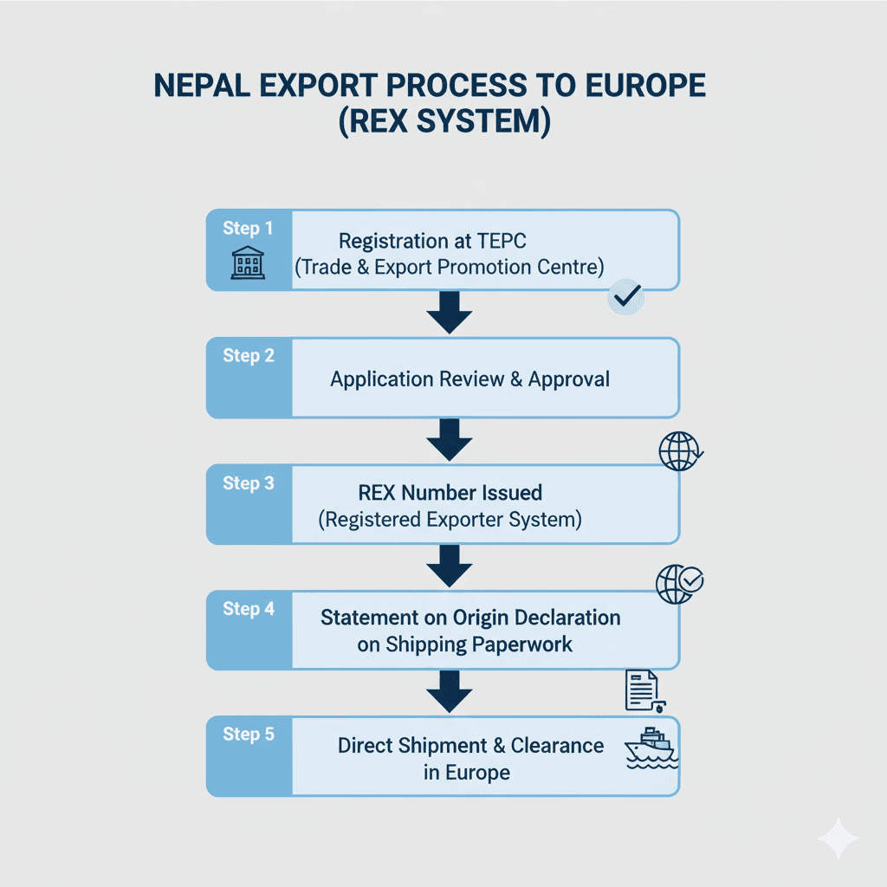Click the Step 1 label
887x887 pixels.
click(x=248, y=229)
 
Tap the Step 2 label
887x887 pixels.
click(x=248, y=356)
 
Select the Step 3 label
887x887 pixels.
click(x=248, y=483)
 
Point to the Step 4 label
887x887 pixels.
click(x=248, y=609)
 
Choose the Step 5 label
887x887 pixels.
click(x=248, y=735)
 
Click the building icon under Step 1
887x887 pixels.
click(x=248, y=262)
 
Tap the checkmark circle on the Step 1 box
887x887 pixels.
click(x=625, y=297)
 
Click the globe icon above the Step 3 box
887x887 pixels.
click(x=680, y=451)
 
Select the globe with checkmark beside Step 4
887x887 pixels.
click(x=680, y=584)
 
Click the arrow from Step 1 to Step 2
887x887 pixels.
click(x=450, y=314)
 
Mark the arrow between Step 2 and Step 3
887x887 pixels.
click(x=450, y=440)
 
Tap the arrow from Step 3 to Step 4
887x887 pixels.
click(x=450, y=567)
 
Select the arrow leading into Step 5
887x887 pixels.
click(x=450, y=693)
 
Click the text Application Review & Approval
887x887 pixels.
click(x=469, y=379)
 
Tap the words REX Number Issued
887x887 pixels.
click(x=450, y=493)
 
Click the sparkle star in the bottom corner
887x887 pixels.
click(x=838, y=838)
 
